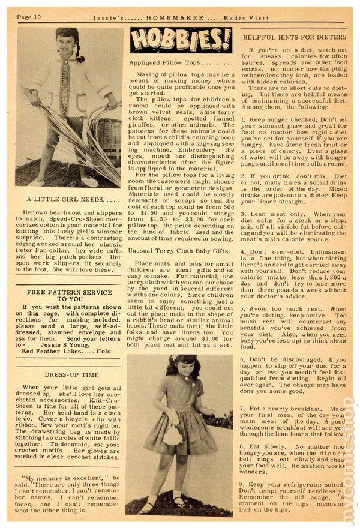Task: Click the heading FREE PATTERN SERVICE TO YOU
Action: pos(70,294)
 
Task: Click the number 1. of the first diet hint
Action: pos(245,119)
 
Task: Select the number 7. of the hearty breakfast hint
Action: pos(245,408)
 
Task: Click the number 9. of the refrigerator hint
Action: pos(245,484)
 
